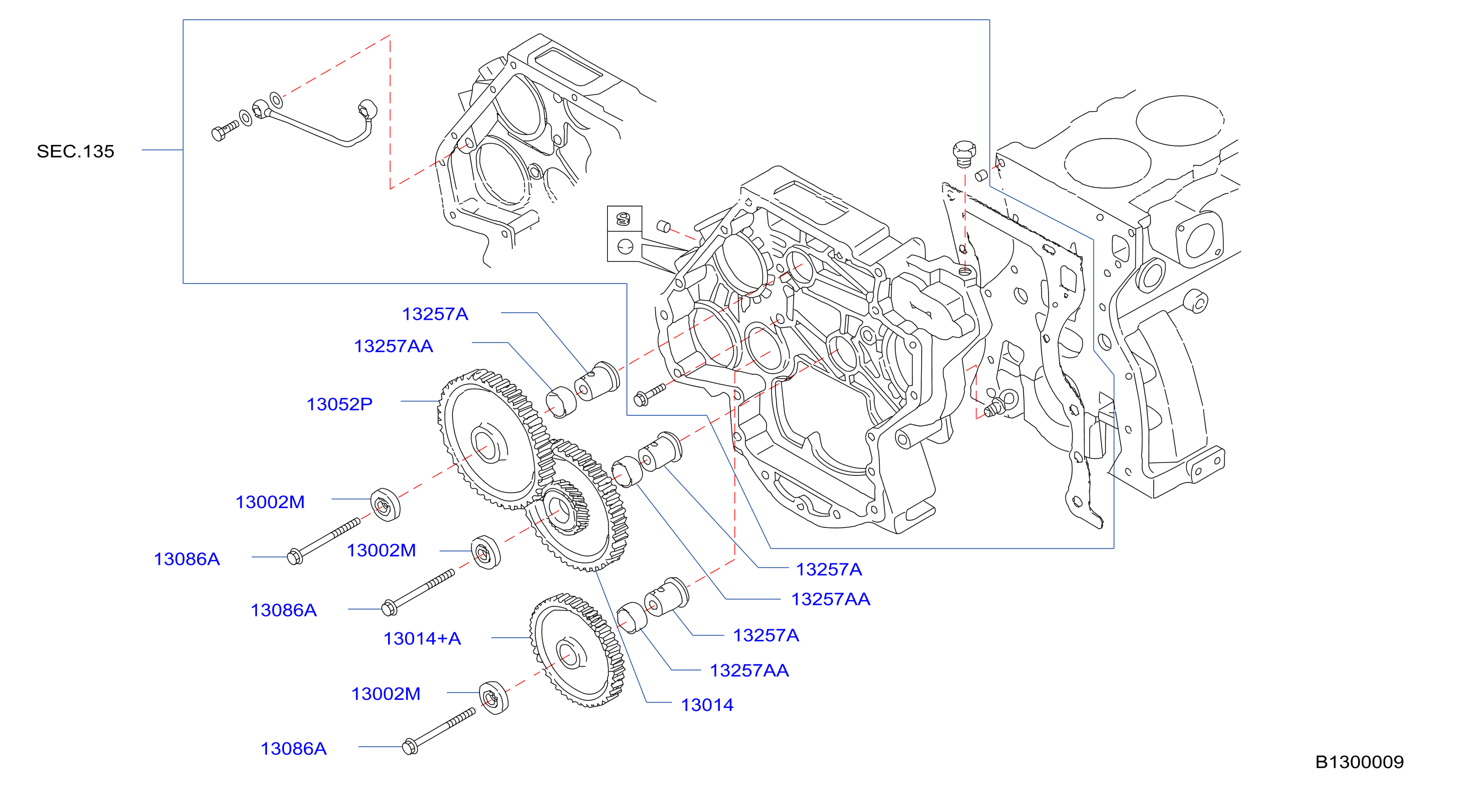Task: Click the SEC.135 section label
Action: click(x=75, y=151)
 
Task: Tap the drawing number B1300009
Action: click(x=1359, y=762)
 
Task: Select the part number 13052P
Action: click(x=339, y=404)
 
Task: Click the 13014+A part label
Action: click(x=422, y=639)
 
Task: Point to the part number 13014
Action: click(x=707, y=705)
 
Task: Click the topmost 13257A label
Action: click(x=435, y=314)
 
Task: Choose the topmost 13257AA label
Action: click(x=393, y=346)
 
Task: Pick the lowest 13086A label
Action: click(x=294, y=749)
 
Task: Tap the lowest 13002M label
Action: click(x=386, y=694)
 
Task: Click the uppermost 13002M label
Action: click(x=270, y=502)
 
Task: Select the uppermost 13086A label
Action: click(x=187, y=560)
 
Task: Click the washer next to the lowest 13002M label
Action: click(x=494, y=698)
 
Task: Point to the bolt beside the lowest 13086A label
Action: click(x=439, y=731)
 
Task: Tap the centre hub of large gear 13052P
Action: click(x=486, y=444)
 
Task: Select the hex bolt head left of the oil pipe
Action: click(x=218, y=134)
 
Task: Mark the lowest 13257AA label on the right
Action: click(x=749, y=671)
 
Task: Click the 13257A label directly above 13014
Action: click(x=766, y=636)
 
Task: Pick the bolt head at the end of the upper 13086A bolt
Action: click(x=295, y=556)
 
